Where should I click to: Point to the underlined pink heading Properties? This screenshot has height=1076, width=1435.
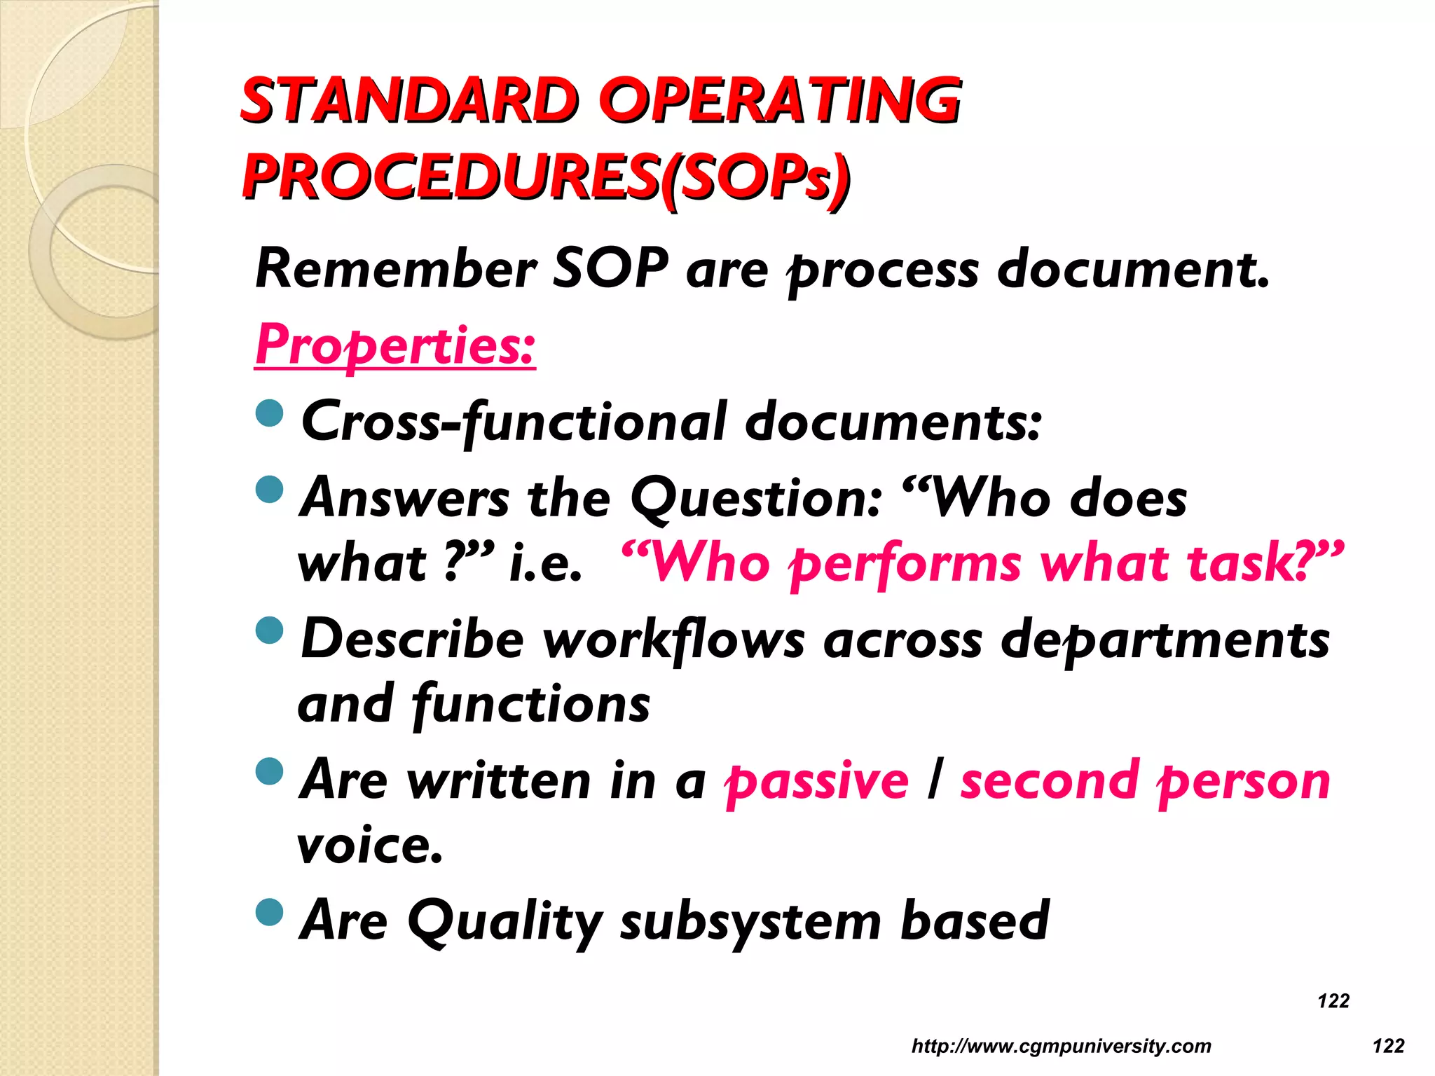[395, 345]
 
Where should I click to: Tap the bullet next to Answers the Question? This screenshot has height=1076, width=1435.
[270, 490]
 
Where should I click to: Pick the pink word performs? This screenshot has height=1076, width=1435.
[905, 564]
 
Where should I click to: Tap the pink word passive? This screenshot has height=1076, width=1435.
[817, 782]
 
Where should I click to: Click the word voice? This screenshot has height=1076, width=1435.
[370, 846]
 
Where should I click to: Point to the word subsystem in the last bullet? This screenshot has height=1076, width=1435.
[750, 922]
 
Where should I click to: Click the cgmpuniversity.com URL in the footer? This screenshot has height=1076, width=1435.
[1061, 1046]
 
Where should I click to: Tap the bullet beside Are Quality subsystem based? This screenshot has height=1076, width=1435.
[270, 912]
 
